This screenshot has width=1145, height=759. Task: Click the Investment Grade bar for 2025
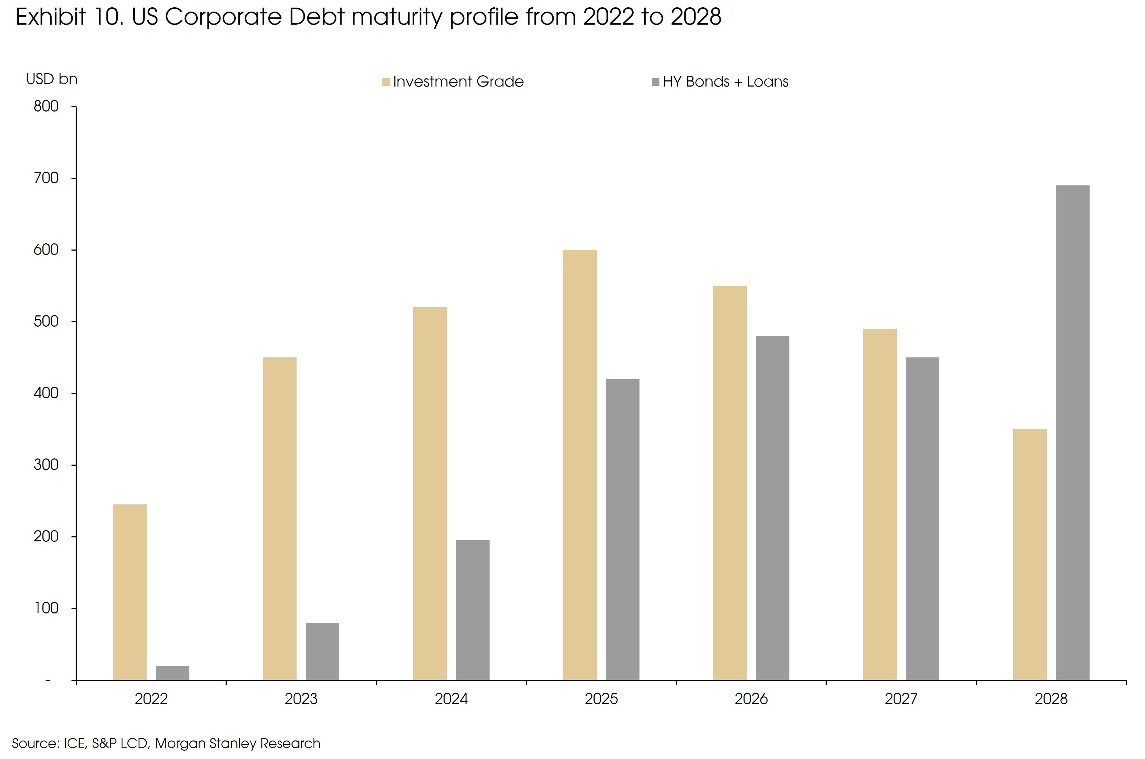579,465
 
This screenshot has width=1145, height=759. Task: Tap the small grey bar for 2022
172,673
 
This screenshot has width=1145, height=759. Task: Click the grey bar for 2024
472,610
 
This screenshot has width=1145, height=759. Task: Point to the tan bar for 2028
1030,554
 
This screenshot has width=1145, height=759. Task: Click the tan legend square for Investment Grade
386,82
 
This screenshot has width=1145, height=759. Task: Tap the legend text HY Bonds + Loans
725,82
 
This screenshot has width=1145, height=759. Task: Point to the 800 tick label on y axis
46,106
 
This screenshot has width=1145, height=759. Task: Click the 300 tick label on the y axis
46,465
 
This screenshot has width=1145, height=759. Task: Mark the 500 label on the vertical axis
46,322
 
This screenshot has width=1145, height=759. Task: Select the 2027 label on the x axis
901,699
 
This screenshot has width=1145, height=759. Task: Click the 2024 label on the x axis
451,699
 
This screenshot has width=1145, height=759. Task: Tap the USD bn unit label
52,79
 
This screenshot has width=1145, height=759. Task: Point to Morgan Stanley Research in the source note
238,743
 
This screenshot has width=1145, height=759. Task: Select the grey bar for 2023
322,651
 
